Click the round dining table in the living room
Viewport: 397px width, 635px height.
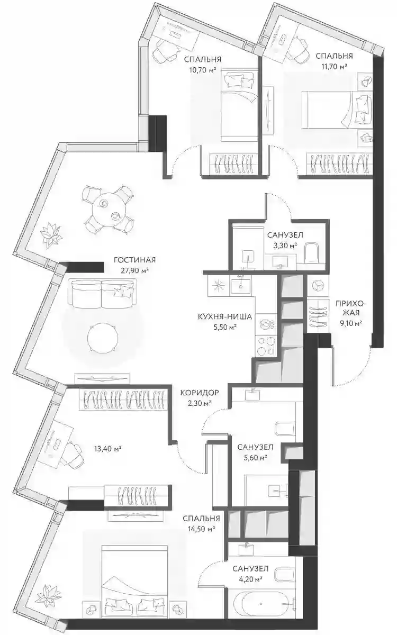109,209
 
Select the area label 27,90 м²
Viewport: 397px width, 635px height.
135,270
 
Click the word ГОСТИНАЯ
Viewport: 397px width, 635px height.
134,260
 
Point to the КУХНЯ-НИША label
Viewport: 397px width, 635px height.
225,316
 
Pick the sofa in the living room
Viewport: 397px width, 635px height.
102,293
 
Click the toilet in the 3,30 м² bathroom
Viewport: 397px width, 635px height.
312,252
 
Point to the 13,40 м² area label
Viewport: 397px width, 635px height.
108,448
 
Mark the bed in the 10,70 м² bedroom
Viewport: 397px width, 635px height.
239,105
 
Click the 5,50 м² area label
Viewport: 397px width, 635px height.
225,327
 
